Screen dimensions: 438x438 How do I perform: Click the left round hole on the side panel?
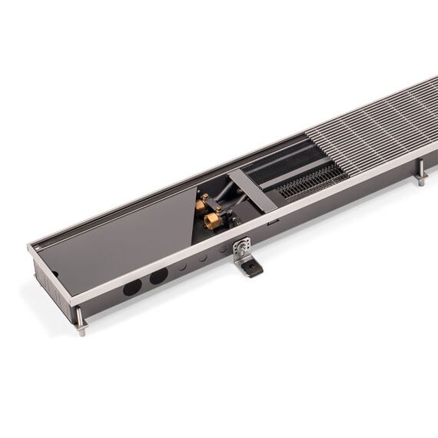(x=132, y=287)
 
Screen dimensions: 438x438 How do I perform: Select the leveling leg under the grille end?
(x=421, y=178)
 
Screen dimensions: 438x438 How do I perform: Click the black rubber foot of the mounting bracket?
(x=251, y=267)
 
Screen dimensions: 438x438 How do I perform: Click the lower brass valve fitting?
(x=213, y=221)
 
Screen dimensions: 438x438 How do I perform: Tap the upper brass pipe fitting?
(x=201, y=204)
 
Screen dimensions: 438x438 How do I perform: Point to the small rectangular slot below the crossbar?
(x=272, y=223)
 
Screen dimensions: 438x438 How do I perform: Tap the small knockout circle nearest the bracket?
(x=223, y=251)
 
